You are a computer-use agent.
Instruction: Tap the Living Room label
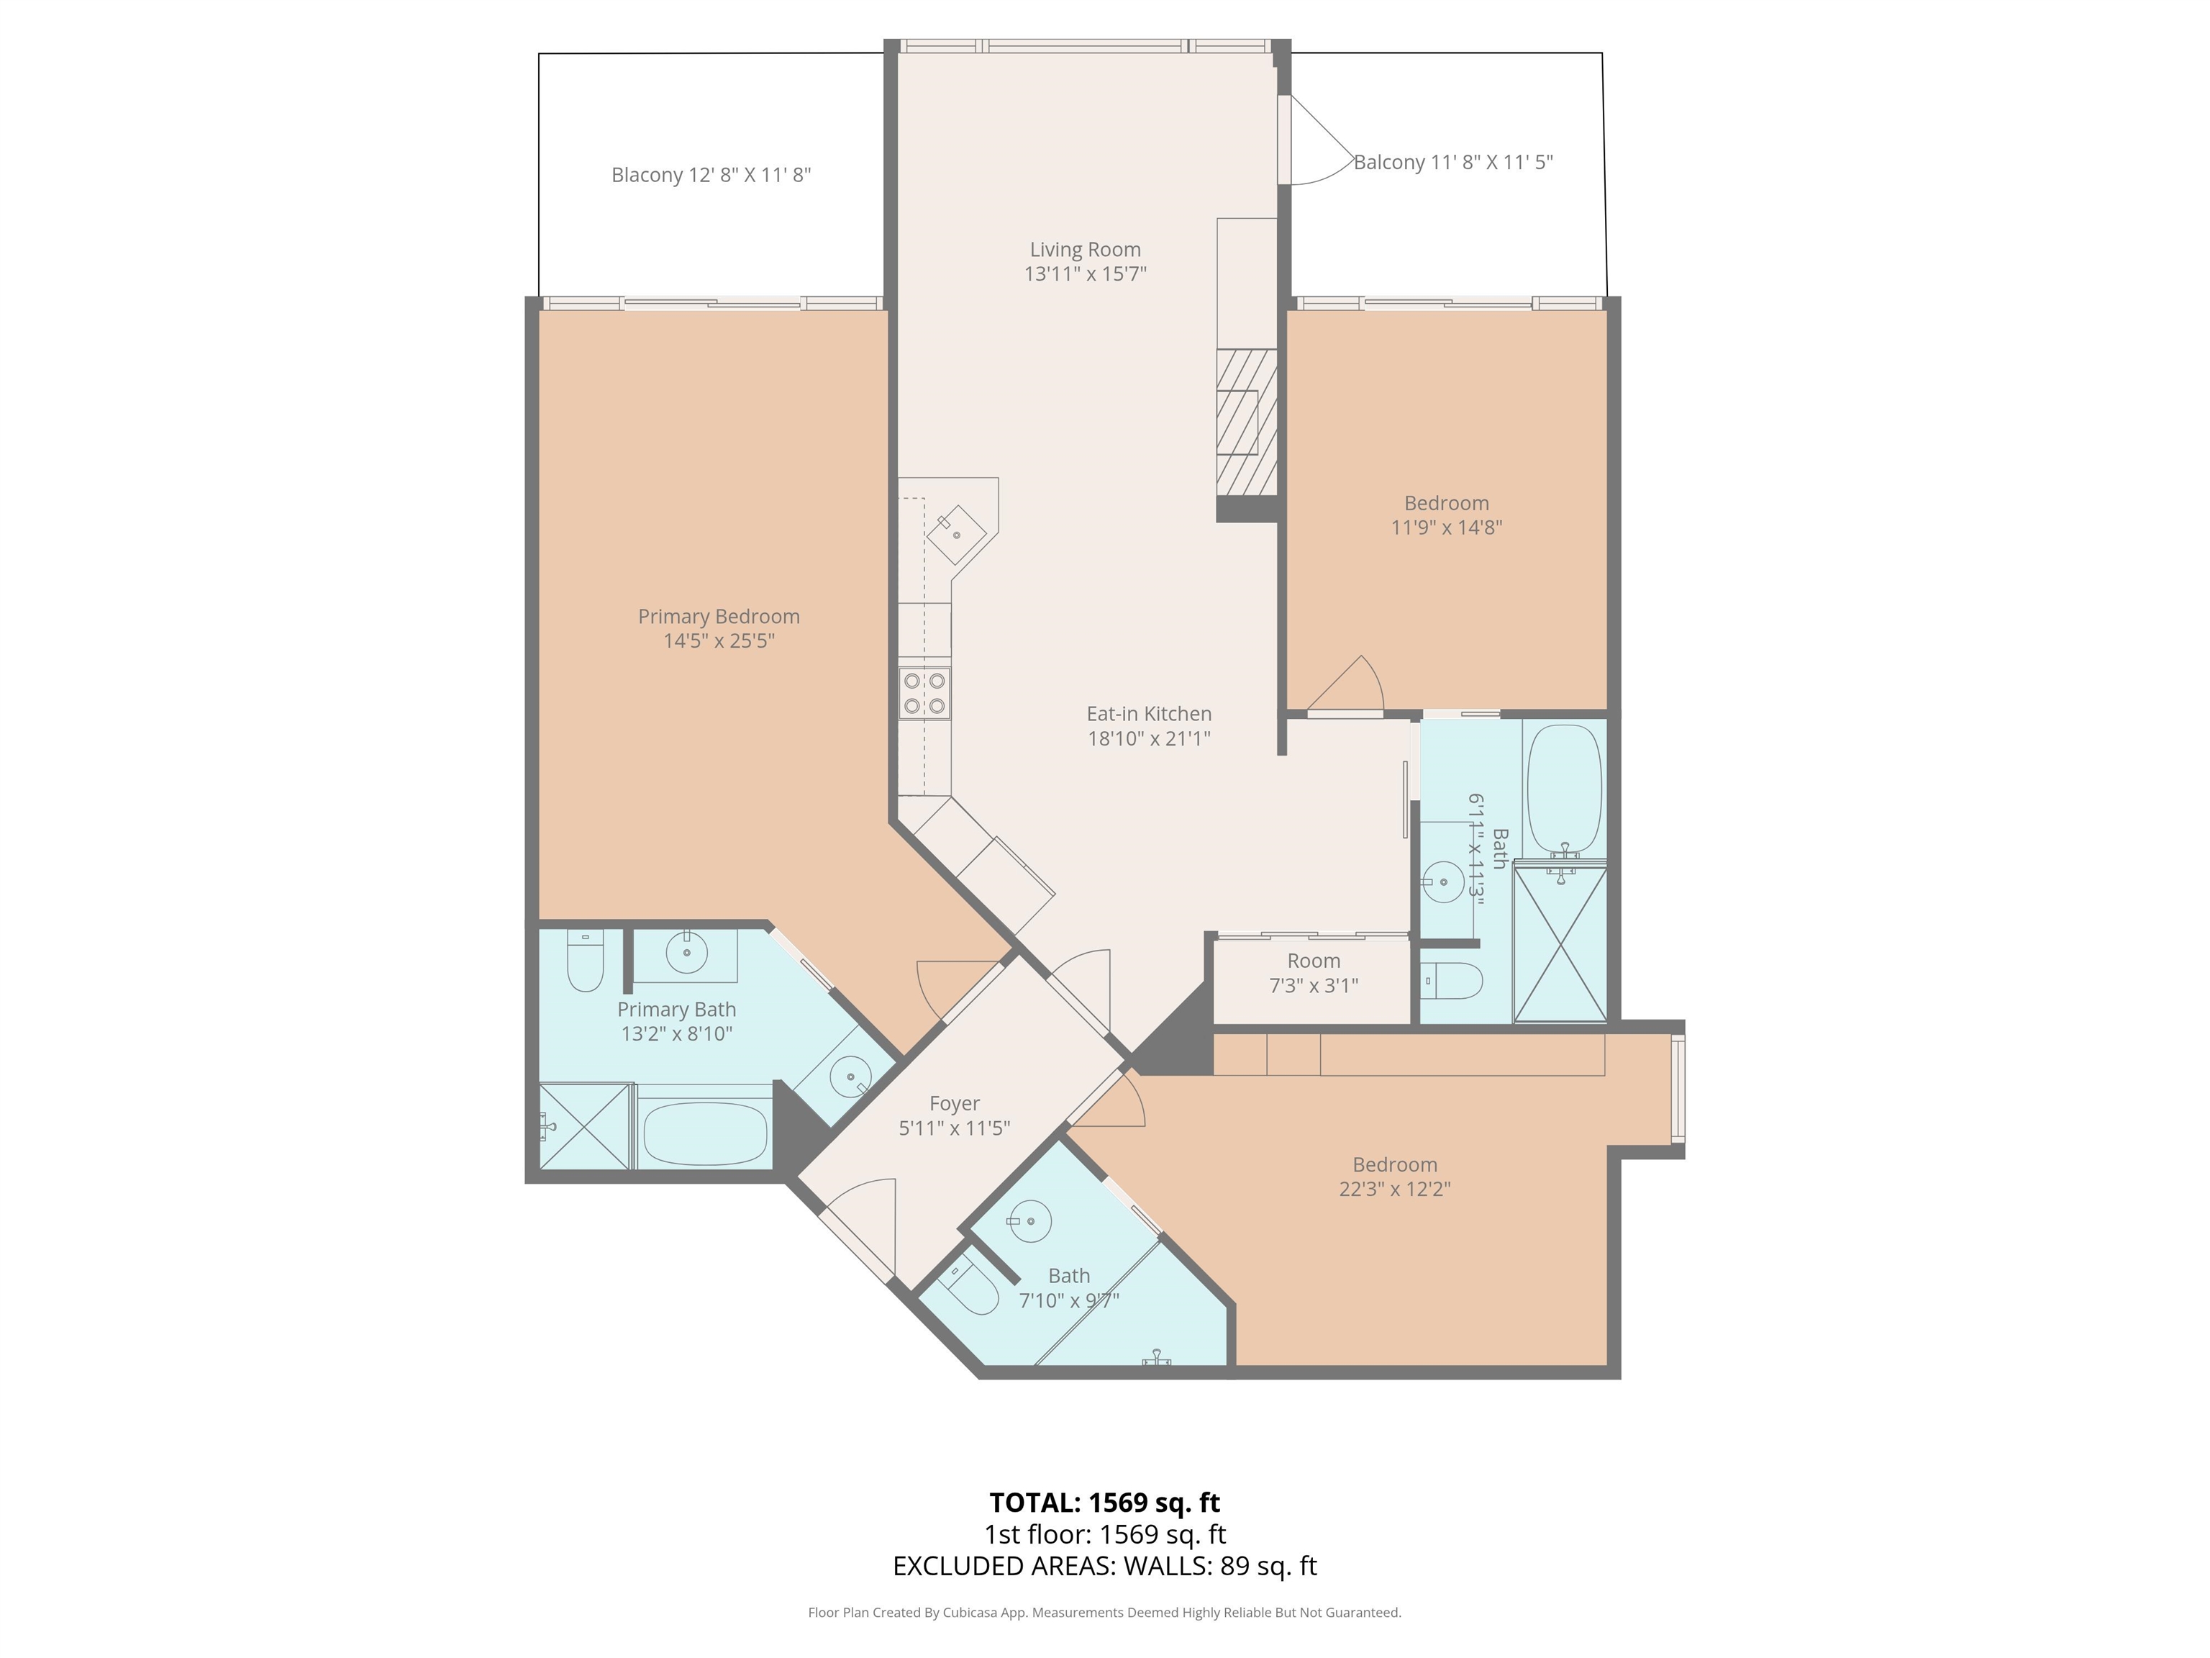[x=1085, y=250]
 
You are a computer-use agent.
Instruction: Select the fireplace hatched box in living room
[x=1246, y=422]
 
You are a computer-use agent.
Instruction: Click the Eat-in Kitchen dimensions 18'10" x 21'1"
[x=1149, y=738]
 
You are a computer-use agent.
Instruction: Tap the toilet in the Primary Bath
[x=586, y=961]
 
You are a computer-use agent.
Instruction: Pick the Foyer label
[x=954, y=1103]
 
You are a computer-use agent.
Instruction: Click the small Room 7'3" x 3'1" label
[x=1313, y=972]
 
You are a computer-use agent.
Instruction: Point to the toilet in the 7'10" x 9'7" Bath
[x=968, y=1290]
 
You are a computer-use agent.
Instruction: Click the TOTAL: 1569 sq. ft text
[x=1104, y=1502]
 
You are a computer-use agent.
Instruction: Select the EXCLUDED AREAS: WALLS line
[x=1104, y=1565]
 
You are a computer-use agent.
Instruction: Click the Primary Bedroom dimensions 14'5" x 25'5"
[x=719, y=640]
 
